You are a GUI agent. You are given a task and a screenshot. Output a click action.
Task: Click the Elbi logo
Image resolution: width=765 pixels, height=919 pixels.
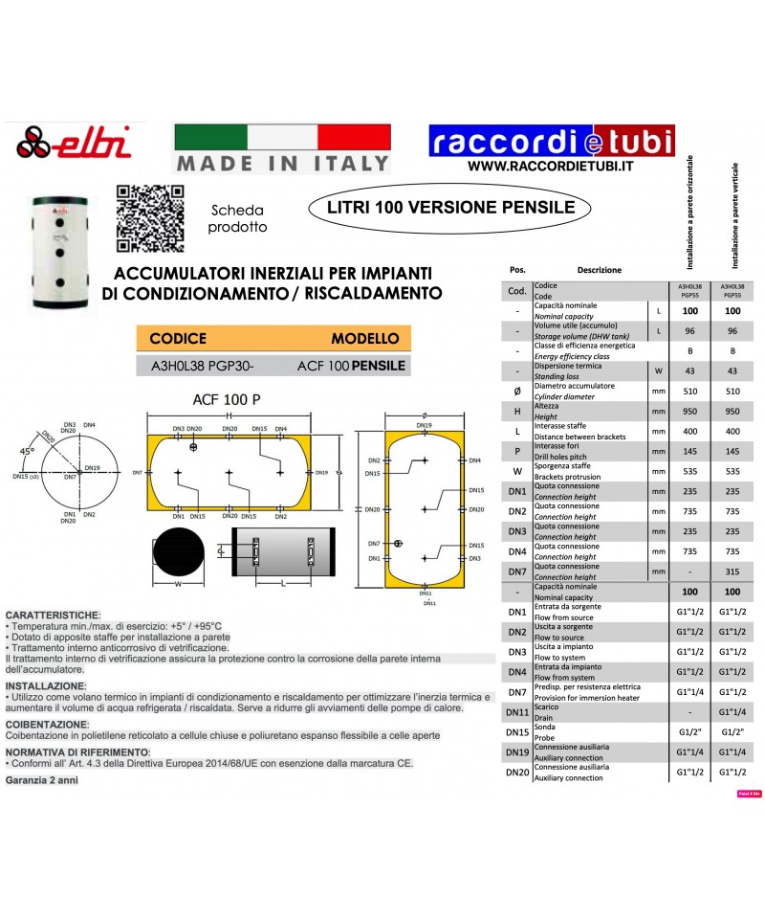point(66,145)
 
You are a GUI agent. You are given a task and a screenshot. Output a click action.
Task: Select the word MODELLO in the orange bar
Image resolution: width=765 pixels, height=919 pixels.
point(364,339)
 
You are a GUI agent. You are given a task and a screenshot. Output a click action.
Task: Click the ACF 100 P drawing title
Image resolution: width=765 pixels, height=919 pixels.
point(226,399)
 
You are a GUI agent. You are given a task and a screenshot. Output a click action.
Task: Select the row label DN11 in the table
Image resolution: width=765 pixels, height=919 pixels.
point(516,712)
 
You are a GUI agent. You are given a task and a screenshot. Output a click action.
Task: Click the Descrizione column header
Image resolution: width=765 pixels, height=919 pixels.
point(599,270)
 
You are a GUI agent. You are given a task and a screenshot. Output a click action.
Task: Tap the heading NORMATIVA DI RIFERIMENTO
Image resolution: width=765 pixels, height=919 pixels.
point(76,753)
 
